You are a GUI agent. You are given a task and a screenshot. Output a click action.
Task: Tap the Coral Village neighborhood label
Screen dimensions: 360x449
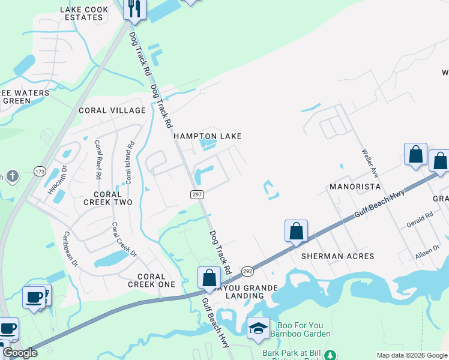[x=112, y=110]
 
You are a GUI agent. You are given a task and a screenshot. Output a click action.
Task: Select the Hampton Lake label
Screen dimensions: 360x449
[x=208, y=136]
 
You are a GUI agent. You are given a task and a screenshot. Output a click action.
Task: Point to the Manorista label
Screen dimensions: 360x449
[x=355, y=187]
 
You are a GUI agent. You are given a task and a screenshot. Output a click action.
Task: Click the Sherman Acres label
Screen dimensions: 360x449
[x=339, y=256]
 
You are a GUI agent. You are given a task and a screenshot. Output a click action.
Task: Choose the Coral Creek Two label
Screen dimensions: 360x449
[x=108, y=199]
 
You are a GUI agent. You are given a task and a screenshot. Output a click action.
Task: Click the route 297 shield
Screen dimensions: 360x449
[x=197, y=194]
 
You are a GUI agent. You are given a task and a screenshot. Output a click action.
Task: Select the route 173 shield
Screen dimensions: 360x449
[x=40, y=172]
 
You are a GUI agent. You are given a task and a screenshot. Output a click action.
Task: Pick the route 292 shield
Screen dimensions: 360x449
[x=247, y=271]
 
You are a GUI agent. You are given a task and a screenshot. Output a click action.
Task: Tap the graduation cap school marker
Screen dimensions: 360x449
[x=258, y=328]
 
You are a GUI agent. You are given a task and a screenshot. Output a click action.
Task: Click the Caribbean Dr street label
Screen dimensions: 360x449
[x=70, y=249]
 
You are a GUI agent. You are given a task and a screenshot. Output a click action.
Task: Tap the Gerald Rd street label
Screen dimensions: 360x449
[x=420, y=216]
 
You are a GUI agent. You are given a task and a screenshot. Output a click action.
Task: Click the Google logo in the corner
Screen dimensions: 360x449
[x=20, y=353]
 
